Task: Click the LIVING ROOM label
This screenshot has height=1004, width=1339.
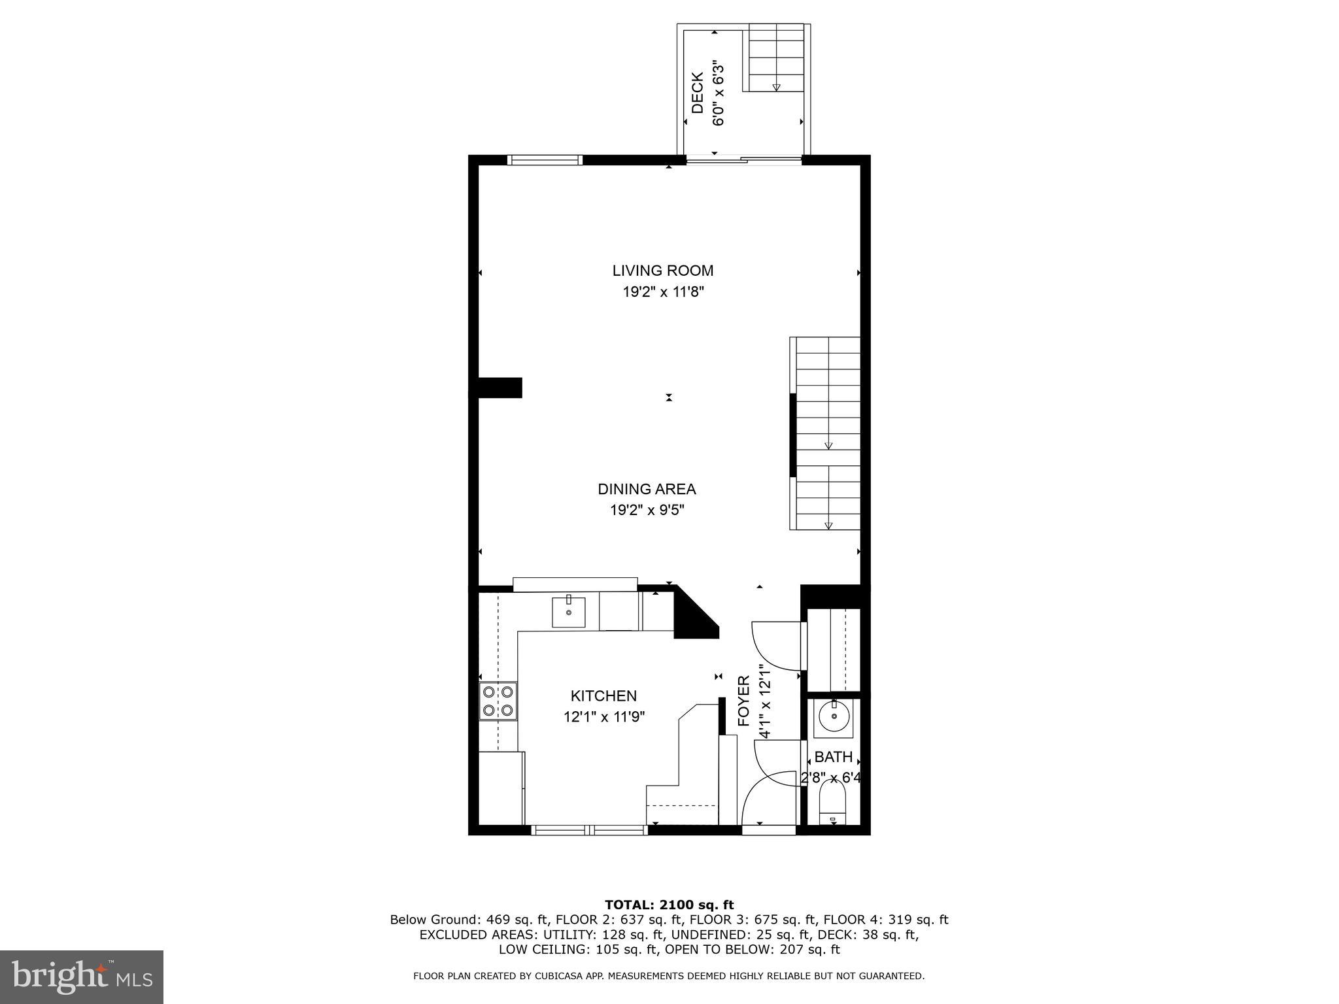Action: tap(662, 271)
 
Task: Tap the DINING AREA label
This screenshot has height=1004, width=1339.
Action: tap(647, 489)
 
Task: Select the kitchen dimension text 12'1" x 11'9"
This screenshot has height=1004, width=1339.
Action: tap(604, 717)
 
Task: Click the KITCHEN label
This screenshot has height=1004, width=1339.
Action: tap(603, 696)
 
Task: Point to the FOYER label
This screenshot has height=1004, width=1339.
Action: tap(744, 701)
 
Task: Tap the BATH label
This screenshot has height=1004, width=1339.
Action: tap(833, 757)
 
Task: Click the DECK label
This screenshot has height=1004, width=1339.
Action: tap(698, 93)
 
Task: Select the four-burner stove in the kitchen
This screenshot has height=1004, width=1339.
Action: tap(498, 701)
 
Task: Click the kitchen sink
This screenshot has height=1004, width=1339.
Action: tap(568, 612)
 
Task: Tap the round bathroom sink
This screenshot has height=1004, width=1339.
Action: tap(834, 716)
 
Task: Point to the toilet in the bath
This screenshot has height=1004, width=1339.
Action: tap(832, 809)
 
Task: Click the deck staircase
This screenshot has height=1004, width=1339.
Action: tap(776, 59)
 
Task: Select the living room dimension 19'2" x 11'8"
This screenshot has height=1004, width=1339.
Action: tap(662, 292)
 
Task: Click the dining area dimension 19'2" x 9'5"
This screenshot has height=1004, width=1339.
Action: tap(647, 510)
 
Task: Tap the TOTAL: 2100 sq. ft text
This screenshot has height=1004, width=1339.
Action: tap(669, 905)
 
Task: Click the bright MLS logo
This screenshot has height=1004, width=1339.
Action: tap(81, 977)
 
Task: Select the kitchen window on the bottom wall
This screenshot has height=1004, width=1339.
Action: tap(589, 830)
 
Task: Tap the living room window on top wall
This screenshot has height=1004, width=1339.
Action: tap(545, 159)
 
